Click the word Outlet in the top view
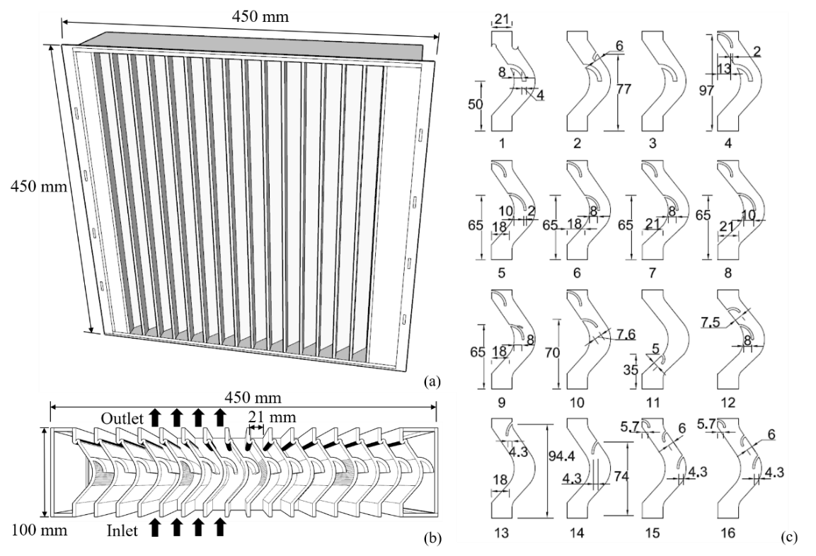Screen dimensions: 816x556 click(x=122, y=419)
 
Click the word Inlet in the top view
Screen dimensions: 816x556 click(x=123, y=531)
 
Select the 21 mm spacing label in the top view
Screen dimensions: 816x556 click(x=273, y=417)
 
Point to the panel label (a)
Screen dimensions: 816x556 click(x=432, y=382)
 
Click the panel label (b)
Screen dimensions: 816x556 click(x=432, y=538)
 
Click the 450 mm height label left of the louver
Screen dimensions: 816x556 click(x=39, y=185)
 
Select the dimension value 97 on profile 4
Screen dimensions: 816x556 click(x=706, y=91)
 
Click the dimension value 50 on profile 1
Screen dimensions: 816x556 click(x=475, y=105)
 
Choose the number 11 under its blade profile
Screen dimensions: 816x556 click(x=652, y=402)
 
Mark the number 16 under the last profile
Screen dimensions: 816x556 click(x=728, y=533)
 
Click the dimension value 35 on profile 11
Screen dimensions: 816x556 click(x=630, y=371)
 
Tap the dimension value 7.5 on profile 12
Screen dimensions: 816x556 click(x=710, y=323)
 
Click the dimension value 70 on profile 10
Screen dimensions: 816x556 click(x=553, y=353)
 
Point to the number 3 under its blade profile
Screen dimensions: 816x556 click(x=653, y=143)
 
